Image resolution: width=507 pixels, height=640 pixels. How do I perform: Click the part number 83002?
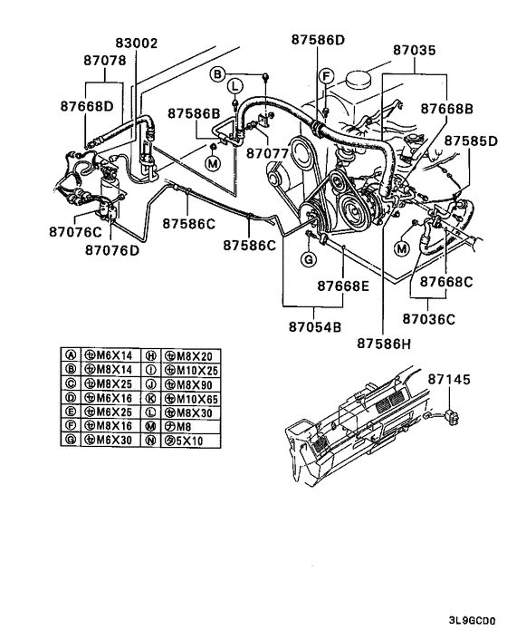coord(137,43)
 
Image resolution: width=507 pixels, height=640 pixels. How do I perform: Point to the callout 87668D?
coord(88,106)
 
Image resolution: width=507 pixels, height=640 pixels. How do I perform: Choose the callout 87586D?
coord(318,39)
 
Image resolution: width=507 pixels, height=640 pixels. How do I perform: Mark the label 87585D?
coord(469,141)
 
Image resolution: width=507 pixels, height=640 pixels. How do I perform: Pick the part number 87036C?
coord(429,319)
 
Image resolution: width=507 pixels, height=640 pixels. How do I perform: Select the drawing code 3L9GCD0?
coord(471,621)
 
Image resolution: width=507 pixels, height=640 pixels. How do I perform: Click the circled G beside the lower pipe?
coord(308,260)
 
